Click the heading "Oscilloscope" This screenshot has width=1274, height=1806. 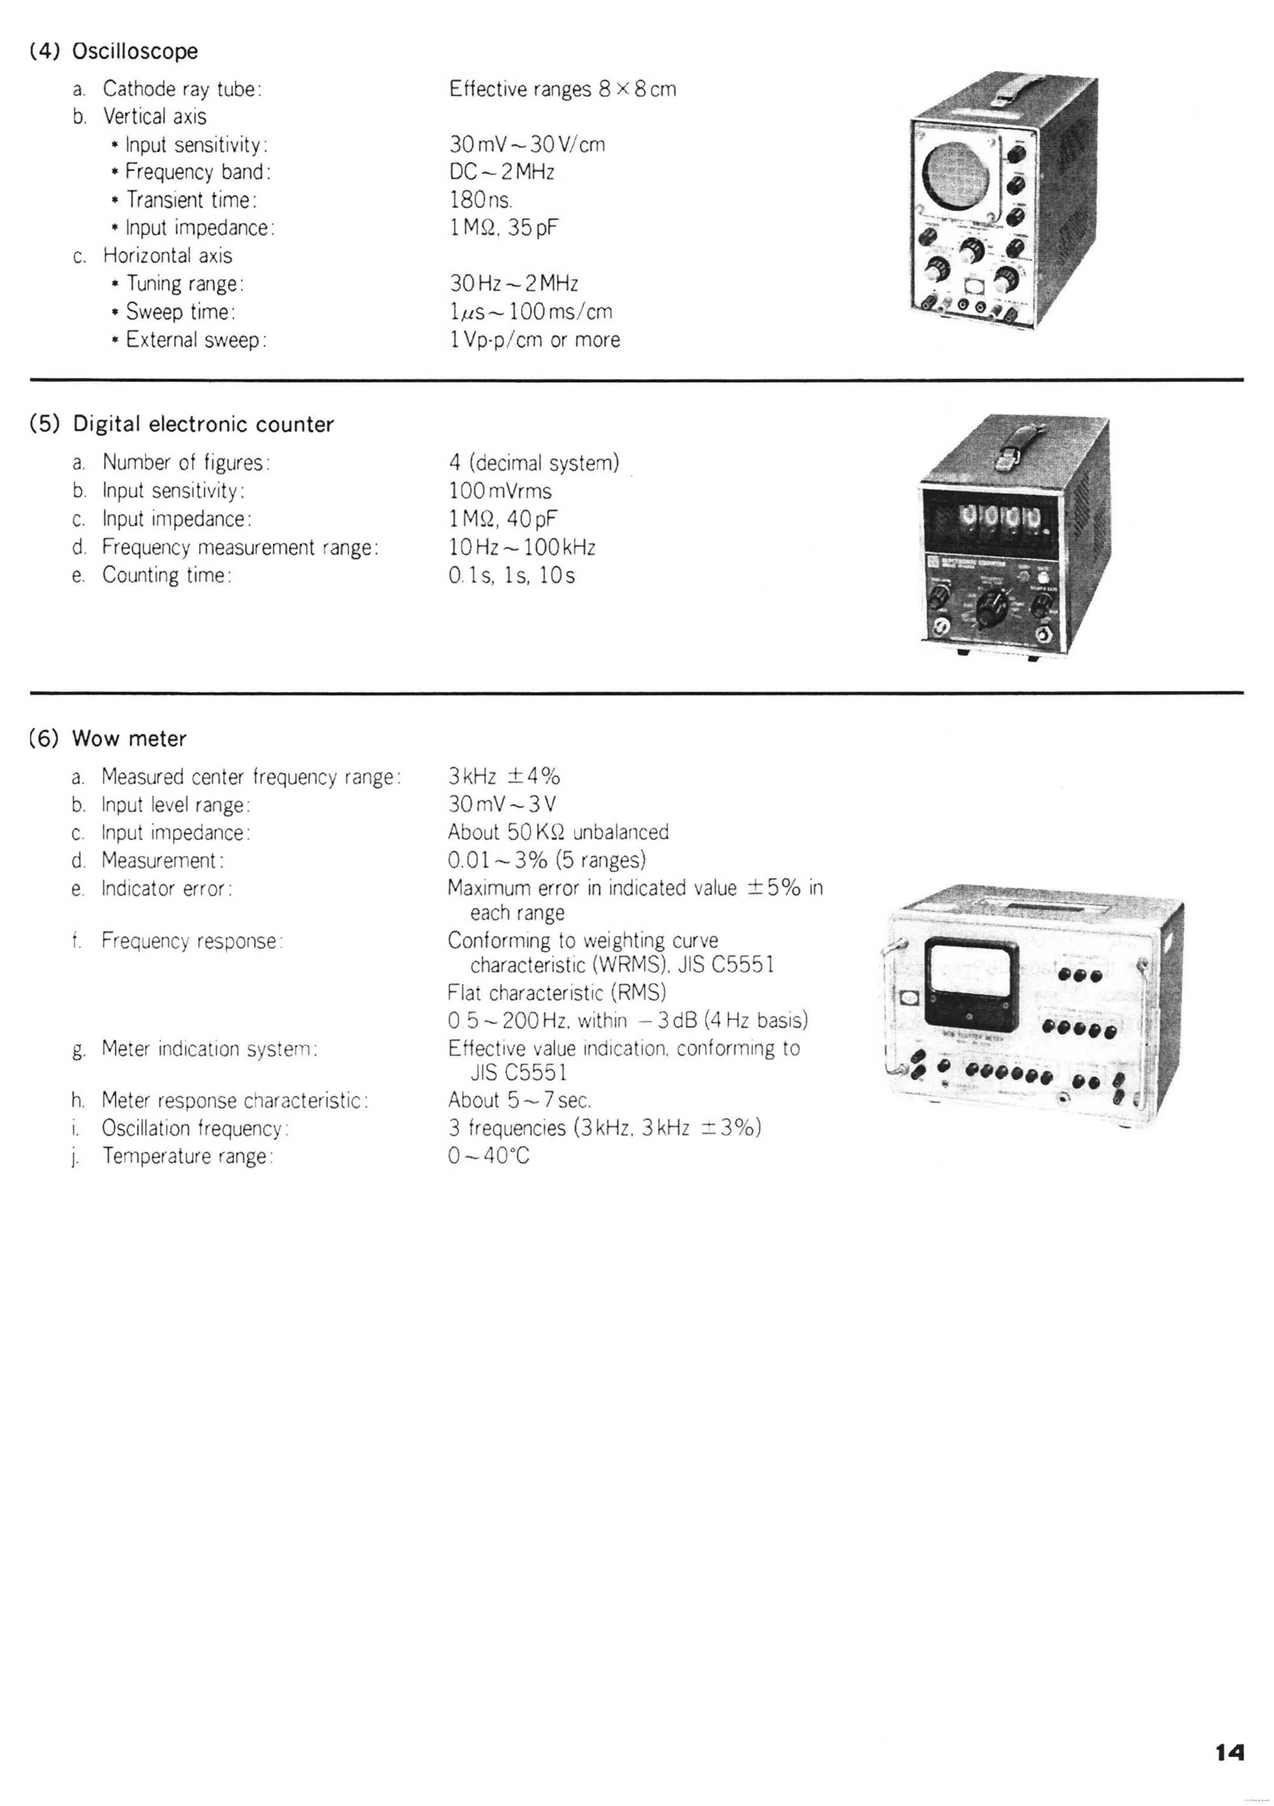[x=134, y=52]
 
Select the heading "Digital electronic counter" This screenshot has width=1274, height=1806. [x=203, y=425]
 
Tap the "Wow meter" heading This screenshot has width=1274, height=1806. [x=129, y=739]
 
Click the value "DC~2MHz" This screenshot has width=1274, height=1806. [x=502, y=172]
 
